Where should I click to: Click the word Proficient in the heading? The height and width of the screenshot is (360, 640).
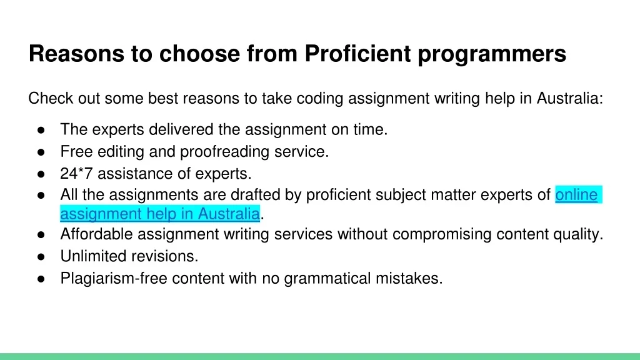(x=357, y=54)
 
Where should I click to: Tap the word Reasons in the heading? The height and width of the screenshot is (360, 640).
(x=76, y=54)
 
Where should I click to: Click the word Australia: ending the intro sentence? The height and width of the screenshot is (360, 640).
(x=570, y=98)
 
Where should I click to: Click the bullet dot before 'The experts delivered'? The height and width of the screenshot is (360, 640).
(x=41, y=130)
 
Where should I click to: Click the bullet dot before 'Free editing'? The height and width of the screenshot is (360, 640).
(x=41, y=152)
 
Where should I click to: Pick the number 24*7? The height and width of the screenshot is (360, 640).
(x=76, y=174)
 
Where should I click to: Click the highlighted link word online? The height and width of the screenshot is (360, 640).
(x=576, y=195)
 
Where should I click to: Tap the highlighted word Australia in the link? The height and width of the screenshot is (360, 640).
(x=229, y=214)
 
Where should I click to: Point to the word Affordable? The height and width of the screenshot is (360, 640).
(x=96, y=234)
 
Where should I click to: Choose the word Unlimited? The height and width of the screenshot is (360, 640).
(x=93, y=256)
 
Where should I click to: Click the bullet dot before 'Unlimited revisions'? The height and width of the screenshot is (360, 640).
(x=41, y=257)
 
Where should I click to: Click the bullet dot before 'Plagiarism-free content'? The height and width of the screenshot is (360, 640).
(x=41, y=279)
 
